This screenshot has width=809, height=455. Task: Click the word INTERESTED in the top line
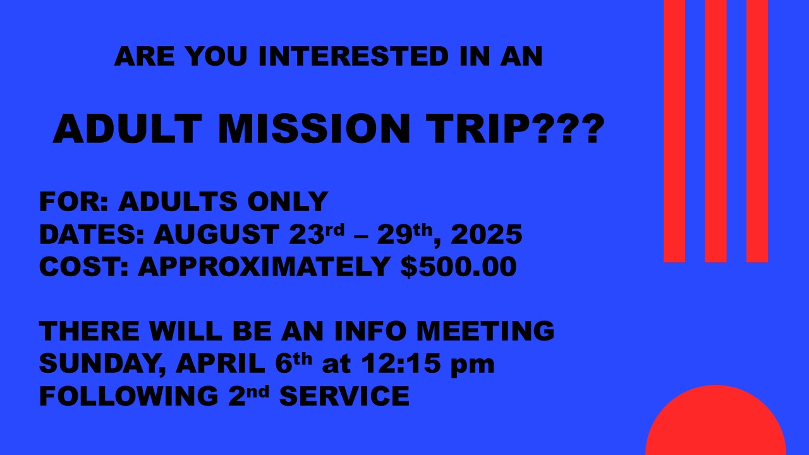(x=353, y=56)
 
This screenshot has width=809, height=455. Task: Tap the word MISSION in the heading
(x=314, y=129)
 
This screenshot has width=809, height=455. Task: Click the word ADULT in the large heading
(x=128, y=129)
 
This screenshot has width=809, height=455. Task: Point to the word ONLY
(x=288, y=202)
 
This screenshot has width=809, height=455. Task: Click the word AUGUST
(x=216, y=234)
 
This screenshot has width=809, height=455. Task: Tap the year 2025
(x=487, y=234)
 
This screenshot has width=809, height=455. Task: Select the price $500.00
(x=459, y=267)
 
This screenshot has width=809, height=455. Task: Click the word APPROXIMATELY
(x=264, y=267)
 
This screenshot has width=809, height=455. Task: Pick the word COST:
(x=83, y=267)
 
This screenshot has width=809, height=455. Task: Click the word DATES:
(x=92, y=234)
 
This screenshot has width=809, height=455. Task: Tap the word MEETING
(x=485, y=331)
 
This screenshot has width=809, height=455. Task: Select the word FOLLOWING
(x=128, y=396)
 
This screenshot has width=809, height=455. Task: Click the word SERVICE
(x=344, y=396)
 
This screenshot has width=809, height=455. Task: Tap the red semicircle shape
(x=716, y=423)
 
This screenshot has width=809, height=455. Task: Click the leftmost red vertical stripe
(x=674, y=131)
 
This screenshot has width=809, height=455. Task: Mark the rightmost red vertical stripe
(x=757, y=131)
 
